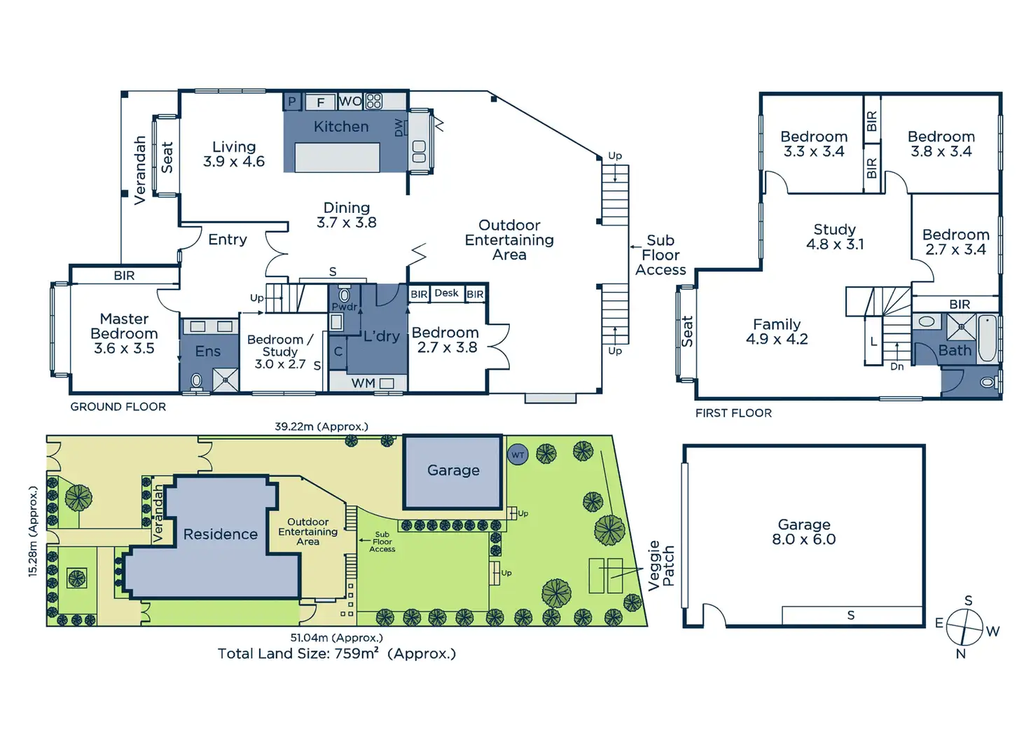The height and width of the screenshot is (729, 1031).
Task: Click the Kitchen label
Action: click(x=341, y=127)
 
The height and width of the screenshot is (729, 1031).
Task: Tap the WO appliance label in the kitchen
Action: click(x=350, y=102)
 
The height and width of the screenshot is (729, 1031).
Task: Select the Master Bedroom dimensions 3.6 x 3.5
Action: click(x=124, y=349)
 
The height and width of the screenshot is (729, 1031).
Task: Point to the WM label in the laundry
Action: click(x=363, y=383)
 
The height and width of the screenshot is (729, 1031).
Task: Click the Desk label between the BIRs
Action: click(x=446, y=293)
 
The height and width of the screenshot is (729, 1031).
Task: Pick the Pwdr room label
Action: click(x=344, y=307)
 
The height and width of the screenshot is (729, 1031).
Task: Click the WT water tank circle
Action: click(x=518, y=454)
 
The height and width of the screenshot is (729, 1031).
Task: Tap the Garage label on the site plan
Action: click(x=453, y=471)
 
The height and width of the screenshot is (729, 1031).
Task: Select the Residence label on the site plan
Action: click(x=221, y=534)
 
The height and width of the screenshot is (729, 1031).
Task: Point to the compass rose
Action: click(x=965, y=627)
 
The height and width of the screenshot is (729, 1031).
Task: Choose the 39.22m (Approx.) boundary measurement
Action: click(x=321, y=426)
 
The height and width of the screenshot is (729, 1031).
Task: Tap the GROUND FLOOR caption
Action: click(x=118, y=407)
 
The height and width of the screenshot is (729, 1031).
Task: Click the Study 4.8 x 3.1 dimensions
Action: click(x=835, y=244)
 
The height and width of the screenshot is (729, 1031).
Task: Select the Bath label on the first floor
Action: click(x=955, y=350)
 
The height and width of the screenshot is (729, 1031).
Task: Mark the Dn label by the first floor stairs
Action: click(x=897, y=366)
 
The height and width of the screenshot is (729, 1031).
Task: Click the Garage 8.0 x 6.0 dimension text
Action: click(x=804, y=539)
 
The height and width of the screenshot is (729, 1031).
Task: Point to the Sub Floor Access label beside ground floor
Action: click(x=660, y=256)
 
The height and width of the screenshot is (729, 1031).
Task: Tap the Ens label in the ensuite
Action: click(x=208, y=352)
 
